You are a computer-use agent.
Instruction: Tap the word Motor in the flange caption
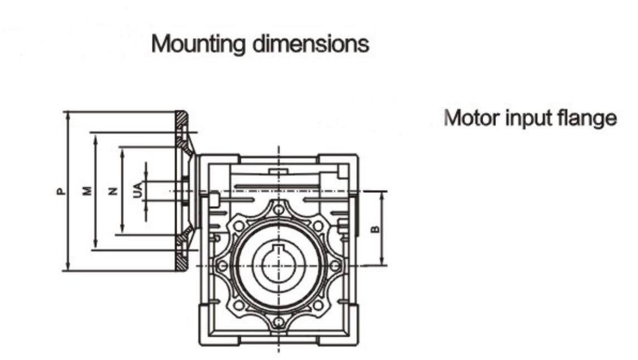click(x=471, y=118)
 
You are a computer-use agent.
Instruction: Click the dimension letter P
click(x=60, y=191)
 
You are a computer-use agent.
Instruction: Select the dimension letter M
click(x=87, y=191)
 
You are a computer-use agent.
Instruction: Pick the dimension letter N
click(x=113, y=191)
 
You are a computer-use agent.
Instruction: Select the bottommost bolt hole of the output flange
click(x=278, y=322)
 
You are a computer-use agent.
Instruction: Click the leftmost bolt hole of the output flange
click(x=222, y=266)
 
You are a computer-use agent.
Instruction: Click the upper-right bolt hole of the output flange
click(x=318, y=226)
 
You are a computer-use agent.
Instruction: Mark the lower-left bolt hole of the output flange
click(x=238, y=305)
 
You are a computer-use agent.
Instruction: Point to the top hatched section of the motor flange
click(x=182, y=119)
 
